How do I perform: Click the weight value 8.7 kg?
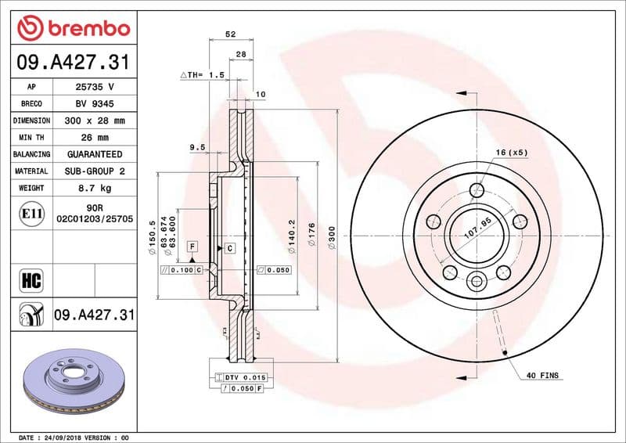pyautogui.click(x=95, y=188)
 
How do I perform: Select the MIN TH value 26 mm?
pyautogui.click(x=95, y=138)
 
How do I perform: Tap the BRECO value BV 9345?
pyautogui.click(x=95, y=104)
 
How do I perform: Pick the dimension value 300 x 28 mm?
pyautogui.click(x=95, y=121)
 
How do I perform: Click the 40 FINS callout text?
pyautogui.click(x=541, y=376)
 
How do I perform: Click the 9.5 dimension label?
pyautogui.click(x=197, y=147)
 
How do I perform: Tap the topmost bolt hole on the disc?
pyautogui.click(x=477, y=189)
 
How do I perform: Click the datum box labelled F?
pyautogui.click(x=190, y=247)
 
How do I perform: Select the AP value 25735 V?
pyautogui.click(x=95, y=87)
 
